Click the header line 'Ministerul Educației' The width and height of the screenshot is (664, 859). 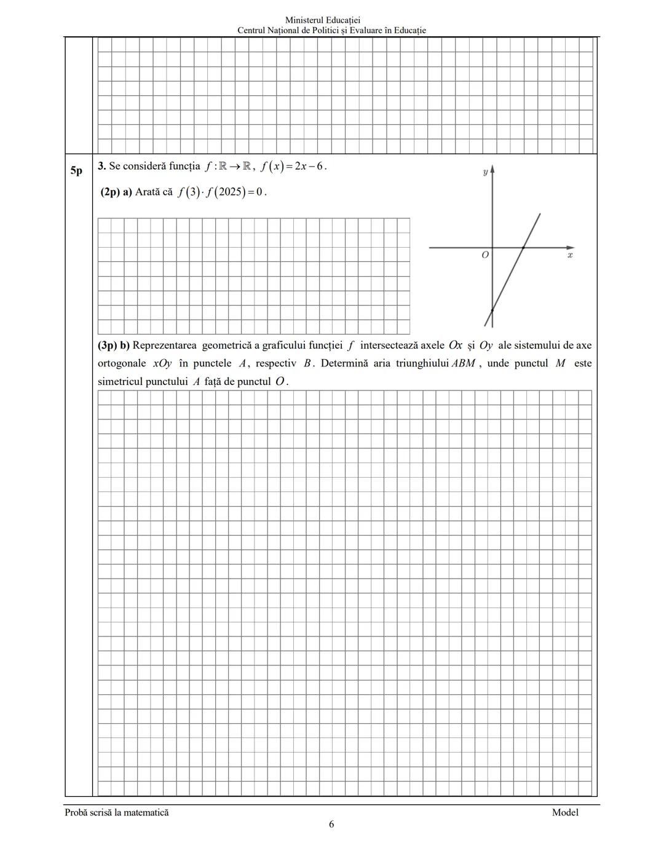(x=331, y=20)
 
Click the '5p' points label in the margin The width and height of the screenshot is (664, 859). (x=76, y=170)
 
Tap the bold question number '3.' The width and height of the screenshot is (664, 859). (x=101, y=166)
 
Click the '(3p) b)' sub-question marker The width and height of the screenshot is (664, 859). (x=114, y=346)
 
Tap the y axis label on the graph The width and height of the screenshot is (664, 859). (x=485, y=172)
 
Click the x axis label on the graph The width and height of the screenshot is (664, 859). (x=570, y=255)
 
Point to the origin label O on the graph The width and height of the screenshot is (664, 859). (x=485, y=255)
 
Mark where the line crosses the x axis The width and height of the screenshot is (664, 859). (x=523, y=247)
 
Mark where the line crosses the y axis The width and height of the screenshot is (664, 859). (x=492, y=311)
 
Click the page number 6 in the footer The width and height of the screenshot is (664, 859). (x=331, y=825)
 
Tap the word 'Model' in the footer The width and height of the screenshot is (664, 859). (x=565, y=812)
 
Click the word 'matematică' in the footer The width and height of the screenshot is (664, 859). (x=146, y=812)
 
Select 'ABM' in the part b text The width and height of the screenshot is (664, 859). (x=463, y=363)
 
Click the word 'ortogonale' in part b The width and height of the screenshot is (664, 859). (x=122, y=363)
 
